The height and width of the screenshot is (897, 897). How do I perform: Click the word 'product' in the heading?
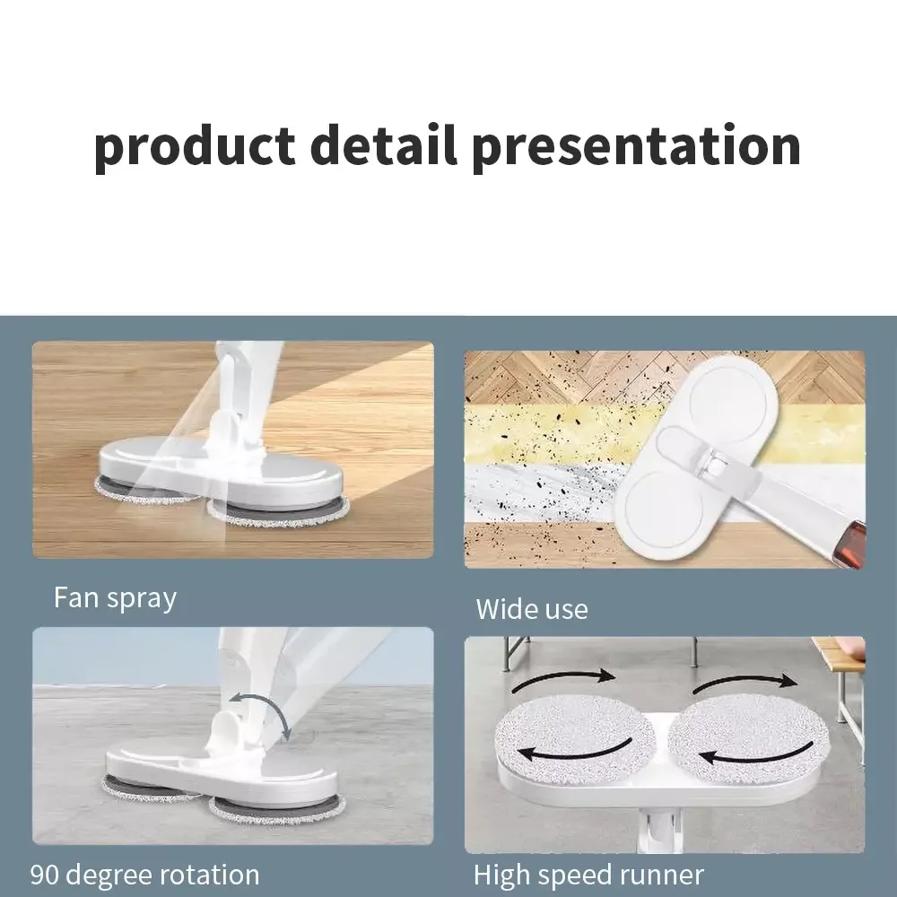point(194,147)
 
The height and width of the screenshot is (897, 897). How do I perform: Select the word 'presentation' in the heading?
point(636,147)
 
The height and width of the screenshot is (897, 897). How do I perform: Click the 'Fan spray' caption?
point(115,597)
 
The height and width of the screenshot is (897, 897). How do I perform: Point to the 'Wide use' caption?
point(532,610)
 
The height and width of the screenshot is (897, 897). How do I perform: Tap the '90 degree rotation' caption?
point(144,875)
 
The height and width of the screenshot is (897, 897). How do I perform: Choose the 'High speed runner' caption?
point(588,875)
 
